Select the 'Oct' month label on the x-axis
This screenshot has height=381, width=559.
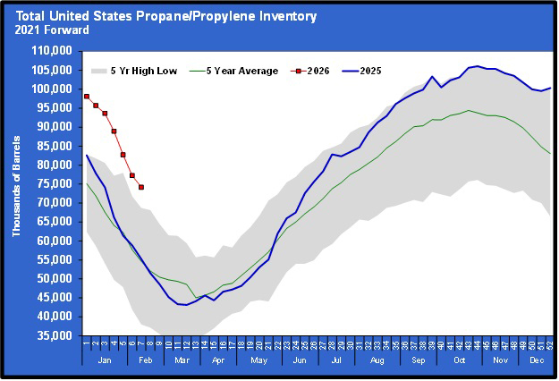(x=459, y=360)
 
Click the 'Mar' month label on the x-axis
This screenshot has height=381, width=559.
(x=182, y=360)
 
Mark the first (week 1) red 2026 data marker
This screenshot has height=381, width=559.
(x=87, y=96)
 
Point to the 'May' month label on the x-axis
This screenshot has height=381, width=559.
(x=259, y=360)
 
